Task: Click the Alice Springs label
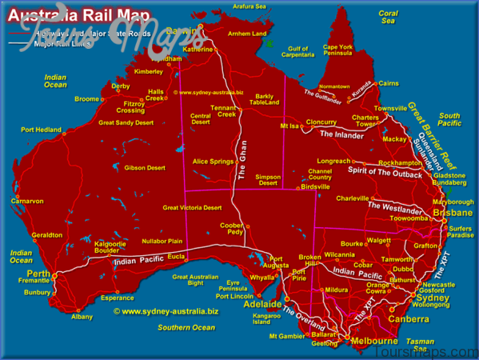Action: point(213,161)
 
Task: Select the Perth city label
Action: point(38,274)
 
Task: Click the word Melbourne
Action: point(374,342)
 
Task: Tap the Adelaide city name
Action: point(262,304)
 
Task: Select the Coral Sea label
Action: point(388,18)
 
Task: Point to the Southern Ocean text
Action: point(186,327)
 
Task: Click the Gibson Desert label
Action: point(145,168)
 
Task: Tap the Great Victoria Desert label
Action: point(192,207)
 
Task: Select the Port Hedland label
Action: point(41,129)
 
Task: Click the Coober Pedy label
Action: point(232,228)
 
